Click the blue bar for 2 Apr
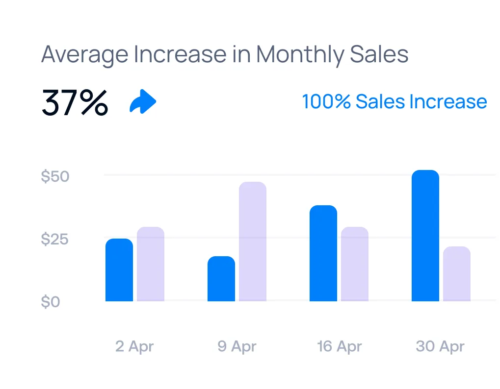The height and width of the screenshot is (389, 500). (119, 270)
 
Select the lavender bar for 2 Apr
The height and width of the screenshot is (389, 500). (151, 264)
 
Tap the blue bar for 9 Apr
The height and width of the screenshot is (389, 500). (221, 279)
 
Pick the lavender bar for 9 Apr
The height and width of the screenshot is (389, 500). (253, 242)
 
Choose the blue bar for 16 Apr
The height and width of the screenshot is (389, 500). (323, 253)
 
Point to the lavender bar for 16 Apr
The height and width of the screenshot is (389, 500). (355, 264)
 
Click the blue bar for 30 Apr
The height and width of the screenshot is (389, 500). (425, 236)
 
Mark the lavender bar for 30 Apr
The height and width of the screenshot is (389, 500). (457, 274)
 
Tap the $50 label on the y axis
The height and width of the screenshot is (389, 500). (55, 177)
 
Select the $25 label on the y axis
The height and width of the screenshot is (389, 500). (55, 240)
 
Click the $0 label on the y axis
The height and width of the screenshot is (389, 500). (51, 302)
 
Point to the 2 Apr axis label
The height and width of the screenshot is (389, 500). (134, 347)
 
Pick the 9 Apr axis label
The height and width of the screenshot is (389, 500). (237, 347)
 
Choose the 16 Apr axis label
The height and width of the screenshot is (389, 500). (339, 347)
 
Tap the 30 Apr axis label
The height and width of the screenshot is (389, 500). (440, 347)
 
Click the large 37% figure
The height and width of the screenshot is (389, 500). (75, 102)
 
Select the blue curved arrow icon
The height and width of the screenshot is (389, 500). (143, 102)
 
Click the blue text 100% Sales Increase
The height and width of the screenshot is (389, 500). (394, 102)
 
